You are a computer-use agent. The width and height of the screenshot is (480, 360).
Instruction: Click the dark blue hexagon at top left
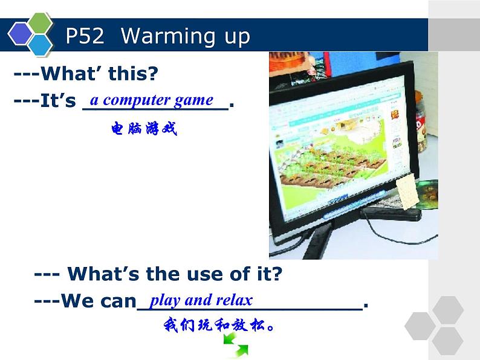[20, 34]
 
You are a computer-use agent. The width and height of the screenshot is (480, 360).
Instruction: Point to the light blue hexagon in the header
[41, 45]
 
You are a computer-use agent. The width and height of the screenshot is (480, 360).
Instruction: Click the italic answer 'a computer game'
[151, 100]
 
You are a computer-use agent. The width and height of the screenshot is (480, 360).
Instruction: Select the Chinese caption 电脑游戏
[144, 129]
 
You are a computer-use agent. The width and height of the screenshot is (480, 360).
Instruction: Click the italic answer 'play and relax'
[201, 300]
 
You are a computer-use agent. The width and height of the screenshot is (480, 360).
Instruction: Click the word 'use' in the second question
[194, 274]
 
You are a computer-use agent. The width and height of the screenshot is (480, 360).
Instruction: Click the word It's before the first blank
[57, 101]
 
